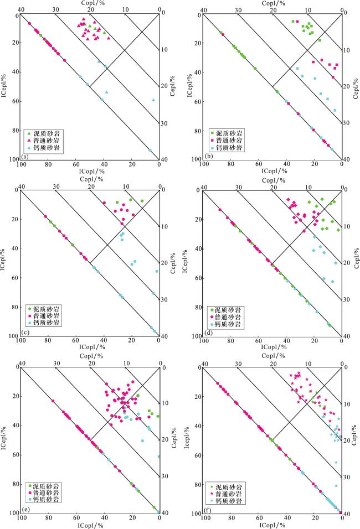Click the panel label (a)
25,154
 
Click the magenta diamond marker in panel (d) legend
213,317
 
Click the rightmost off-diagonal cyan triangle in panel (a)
153,100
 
